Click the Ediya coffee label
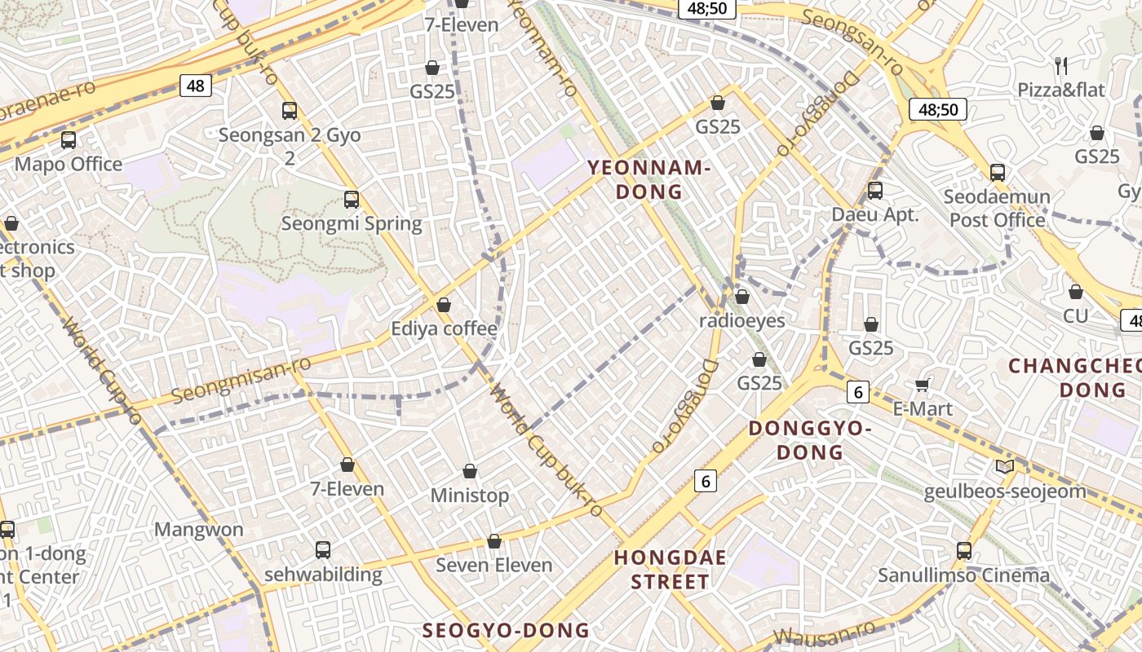pos(444,328)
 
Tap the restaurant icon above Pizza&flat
pos(1061,66)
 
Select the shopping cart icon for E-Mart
pos(923,385)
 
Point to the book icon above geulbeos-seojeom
pos(1005,467)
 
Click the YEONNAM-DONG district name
pos(649,180)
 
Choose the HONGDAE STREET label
pos(662,570)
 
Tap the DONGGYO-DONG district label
pos(810,440)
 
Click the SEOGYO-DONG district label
pos(506,630)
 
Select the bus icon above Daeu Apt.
pos(875,191)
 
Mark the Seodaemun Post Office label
pos(997,209)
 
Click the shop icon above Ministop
pos(470,471)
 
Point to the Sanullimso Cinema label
pos(963,575)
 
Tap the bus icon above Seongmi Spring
pos(352,200)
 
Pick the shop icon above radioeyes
pos(741,297)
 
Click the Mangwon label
pos(199,530)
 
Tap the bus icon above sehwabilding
pos(323,550)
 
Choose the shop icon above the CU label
pos(1076,292)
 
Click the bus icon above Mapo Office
pos(69,140)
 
